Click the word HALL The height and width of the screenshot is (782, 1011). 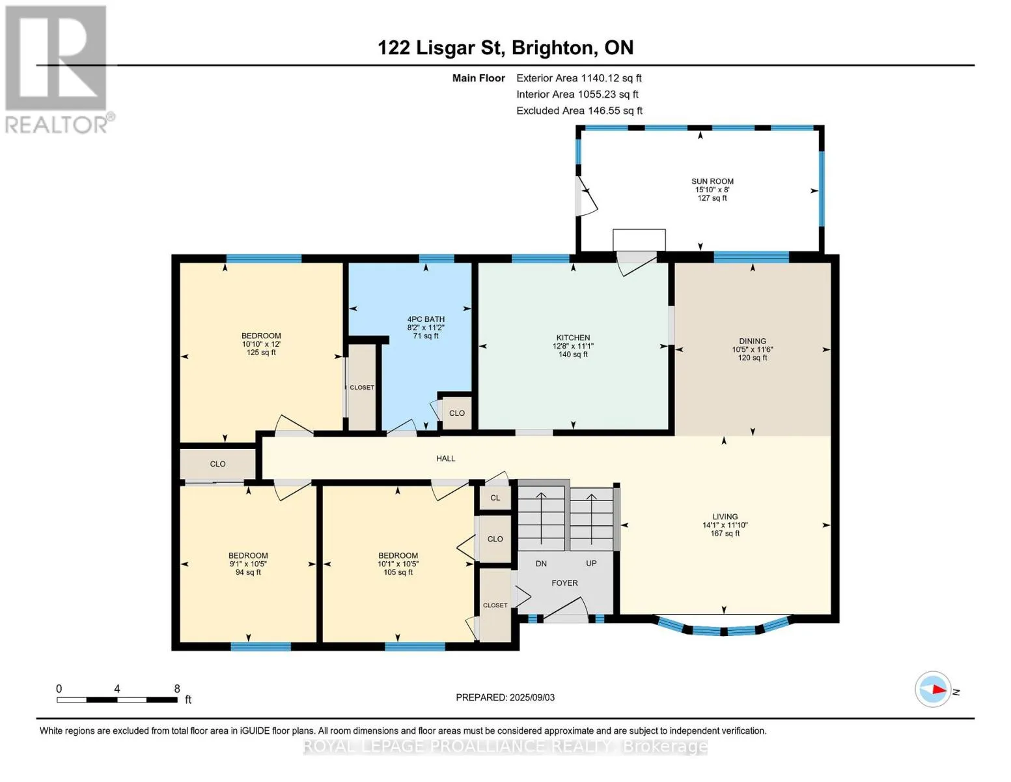pyautogui.click(x=445, y=458)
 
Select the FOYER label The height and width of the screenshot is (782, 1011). pyautogui.click(x=564, y=583)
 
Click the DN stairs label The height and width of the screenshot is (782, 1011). pyautogui.click(x=540, y=563)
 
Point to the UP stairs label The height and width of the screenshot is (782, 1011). pyautogui.click(x=591, y=563)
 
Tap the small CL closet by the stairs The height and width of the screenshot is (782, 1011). pyautogui.click(x=495, y=497)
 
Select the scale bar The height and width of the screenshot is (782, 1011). pyautogui.click(x=117, y=700)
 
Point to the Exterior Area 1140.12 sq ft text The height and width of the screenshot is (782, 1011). pyautogui.click(x=579, y=78)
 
